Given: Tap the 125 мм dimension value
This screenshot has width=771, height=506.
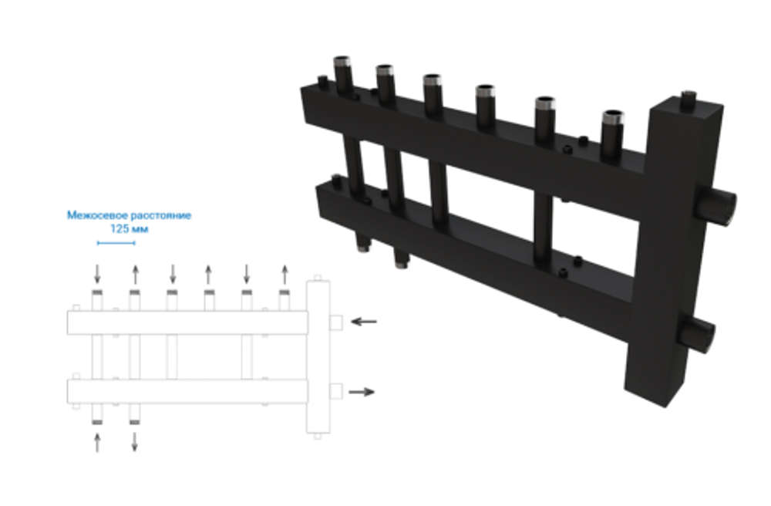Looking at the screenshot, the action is coord(130,229).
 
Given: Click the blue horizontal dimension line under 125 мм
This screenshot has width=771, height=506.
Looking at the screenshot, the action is coord(116,243).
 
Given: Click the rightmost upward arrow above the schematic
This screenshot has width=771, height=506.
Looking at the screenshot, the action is coord(284,273).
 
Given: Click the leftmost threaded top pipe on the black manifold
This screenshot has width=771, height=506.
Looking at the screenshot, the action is coord(343,73).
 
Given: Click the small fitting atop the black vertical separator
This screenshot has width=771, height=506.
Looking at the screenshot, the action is coord(689,97).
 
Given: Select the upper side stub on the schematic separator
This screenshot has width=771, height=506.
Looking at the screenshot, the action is coord(336,322).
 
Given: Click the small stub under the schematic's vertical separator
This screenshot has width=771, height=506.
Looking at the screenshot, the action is coord(317,436).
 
